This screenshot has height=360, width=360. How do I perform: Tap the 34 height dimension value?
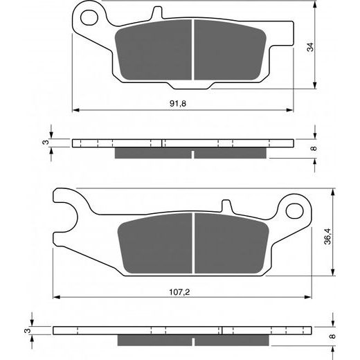(310, 48)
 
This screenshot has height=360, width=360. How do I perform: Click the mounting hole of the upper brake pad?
(87, 15)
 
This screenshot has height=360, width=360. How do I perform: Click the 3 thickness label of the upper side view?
(44, 143)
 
